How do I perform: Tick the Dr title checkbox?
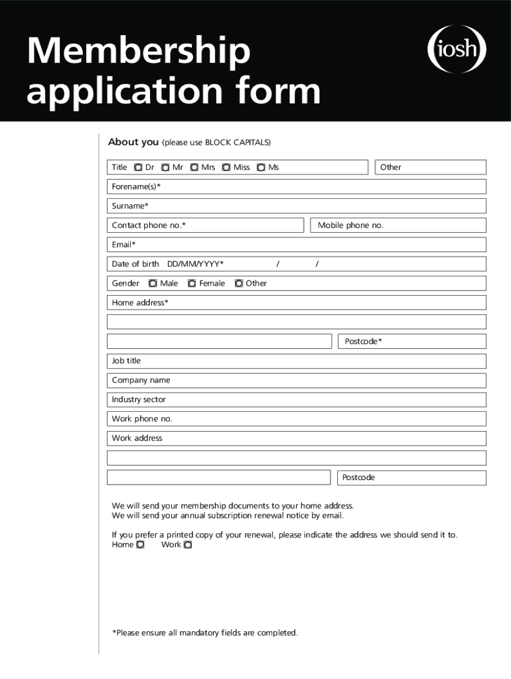click(x=137, y=168)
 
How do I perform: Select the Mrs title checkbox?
click(x=194, y=168)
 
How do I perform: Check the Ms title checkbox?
click(x=261, y=168)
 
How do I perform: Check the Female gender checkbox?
click(x=192, y=284)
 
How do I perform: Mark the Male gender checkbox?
click(x=153, y=284)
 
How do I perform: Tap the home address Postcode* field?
click(x=431, y=341)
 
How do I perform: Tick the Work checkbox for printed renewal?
click(x=188, y=545)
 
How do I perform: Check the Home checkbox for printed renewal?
click(x=140, y=545)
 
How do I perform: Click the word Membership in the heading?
click(x=139, y=52)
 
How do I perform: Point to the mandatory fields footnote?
click(x=205, y=633)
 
